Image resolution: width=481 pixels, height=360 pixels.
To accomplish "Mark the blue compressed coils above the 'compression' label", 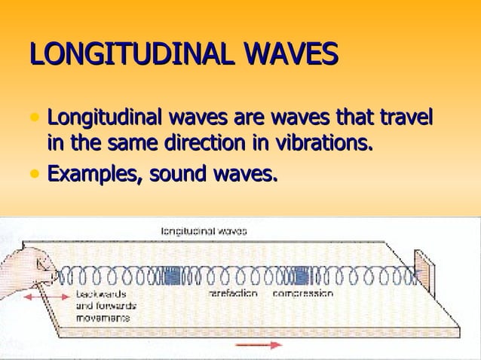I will (x=303, y=276).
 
